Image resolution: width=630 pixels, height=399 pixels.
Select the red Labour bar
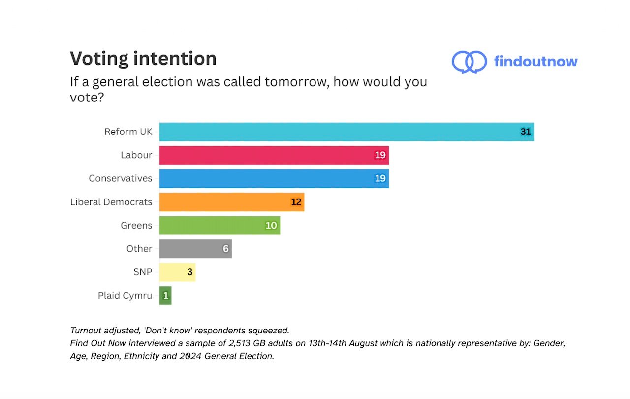click(x=274, y=155)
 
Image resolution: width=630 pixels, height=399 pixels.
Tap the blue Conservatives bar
click(x=274, y=178)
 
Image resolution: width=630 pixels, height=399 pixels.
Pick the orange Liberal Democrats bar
click(x=231, y=202)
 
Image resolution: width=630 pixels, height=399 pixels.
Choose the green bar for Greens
click(x=220, y=225)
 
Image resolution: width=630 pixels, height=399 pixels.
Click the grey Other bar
click(x=195, y=249)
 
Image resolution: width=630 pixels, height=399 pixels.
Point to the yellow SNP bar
click(x=177, y=272)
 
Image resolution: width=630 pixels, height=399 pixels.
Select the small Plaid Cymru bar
click(x=165, y=296)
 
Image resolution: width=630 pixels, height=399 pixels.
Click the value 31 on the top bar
click(x=526, y=132)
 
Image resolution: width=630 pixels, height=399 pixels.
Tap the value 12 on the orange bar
click(x=296, y=202)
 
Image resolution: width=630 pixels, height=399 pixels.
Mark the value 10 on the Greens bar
click(x=271, y=226)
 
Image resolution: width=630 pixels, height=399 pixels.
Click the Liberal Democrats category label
click(x=111, y=202)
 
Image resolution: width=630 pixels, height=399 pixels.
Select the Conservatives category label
click(x=121, y=178)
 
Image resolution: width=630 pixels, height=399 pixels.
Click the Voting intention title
click(x=143, y=59)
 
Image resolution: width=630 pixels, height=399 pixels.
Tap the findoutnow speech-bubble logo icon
click(x=469, y=62)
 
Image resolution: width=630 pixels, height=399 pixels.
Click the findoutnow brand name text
click(x=535, y=62)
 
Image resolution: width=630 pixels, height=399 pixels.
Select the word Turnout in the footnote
click(x=86, y=330)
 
